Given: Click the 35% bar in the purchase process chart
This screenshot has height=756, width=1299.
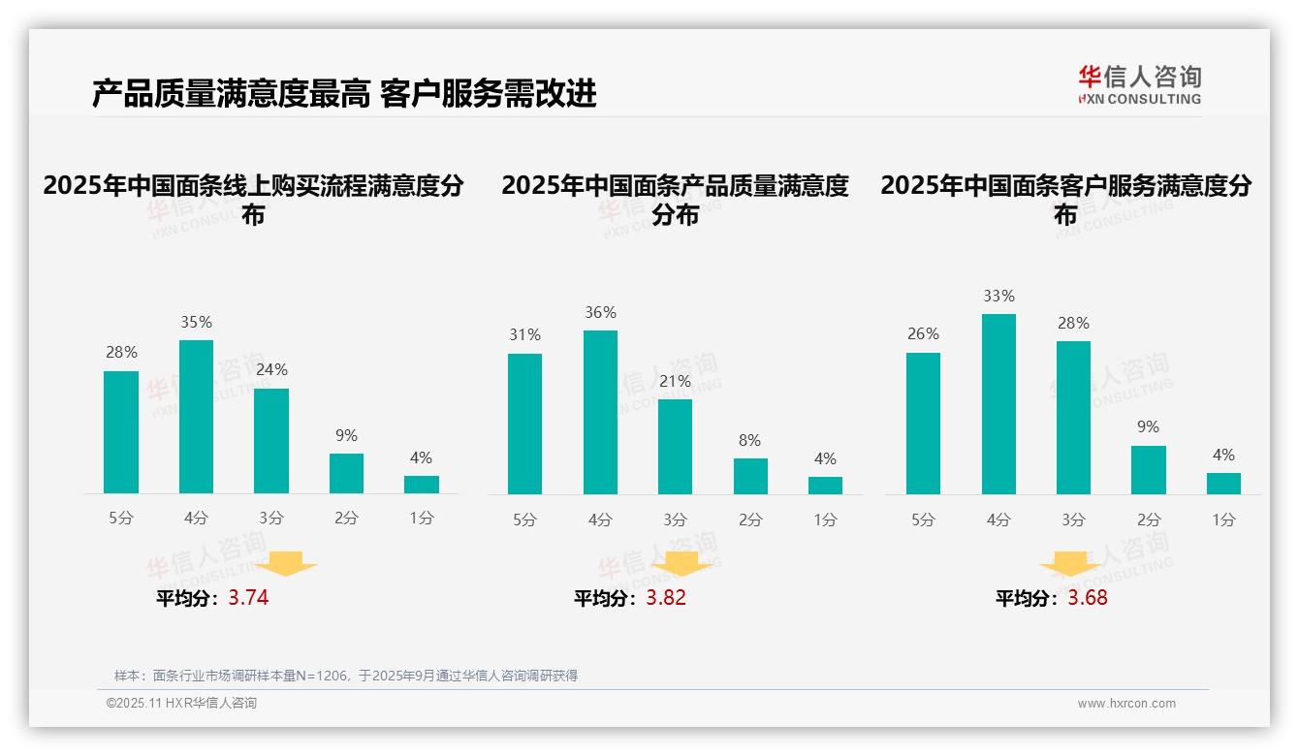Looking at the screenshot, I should (196, 417).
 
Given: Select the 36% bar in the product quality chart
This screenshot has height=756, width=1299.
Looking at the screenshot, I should (600, 413).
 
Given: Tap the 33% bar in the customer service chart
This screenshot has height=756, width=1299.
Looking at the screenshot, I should (998, 404).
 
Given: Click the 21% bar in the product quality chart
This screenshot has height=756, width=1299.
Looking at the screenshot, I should (675, 447).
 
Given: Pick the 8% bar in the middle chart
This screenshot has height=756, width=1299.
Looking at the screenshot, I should (750, 476).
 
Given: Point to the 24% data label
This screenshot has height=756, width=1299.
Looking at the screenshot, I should (271, 369).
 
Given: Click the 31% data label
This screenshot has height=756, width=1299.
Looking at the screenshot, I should (524, 334).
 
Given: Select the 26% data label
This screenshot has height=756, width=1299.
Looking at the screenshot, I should (923, 333).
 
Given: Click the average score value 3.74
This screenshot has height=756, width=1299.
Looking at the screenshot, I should (248, 598).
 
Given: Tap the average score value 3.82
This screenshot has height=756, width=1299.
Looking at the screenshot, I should (666, 598).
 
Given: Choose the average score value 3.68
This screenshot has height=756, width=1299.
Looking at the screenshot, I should (1088, 598).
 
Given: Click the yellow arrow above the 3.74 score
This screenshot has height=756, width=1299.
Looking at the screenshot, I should (286, 563).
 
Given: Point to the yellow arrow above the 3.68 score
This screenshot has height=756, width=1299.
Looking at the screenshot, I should (1069, 565).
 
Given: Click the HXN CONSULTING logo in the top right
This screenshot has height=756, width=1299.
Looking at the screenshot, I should (1139, 85).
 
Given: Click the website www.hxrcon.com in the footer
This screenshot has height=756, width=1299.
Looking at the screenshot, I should (1126, 704).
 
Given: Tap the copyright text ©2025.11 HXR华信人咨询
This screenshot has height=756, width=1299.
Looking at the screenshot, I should (181, 704).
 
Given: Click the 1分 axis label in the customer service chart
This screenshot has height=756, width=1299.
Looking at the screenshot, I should (1223, 520).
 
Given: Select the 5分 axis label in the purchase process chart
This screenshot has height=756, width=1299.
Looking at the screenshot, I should (121, 519).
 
